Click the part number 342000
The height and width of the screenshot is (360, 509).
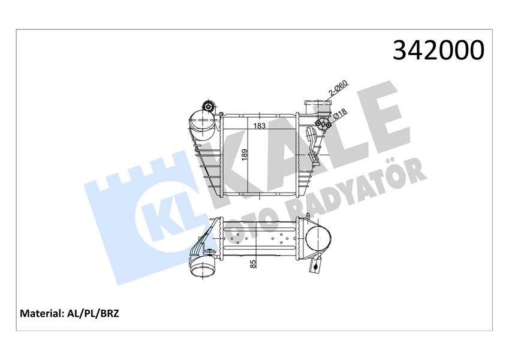coord(438,50)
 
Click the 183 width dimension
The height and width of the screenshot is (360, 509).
coord(260,127)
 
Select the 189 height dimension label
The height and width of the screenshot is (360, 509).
coord(244,155)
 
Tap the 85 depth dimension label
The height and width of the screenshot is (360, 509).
coord(254,263)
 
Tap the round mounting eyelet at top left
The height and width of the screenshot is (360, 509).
coord(208,107)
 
